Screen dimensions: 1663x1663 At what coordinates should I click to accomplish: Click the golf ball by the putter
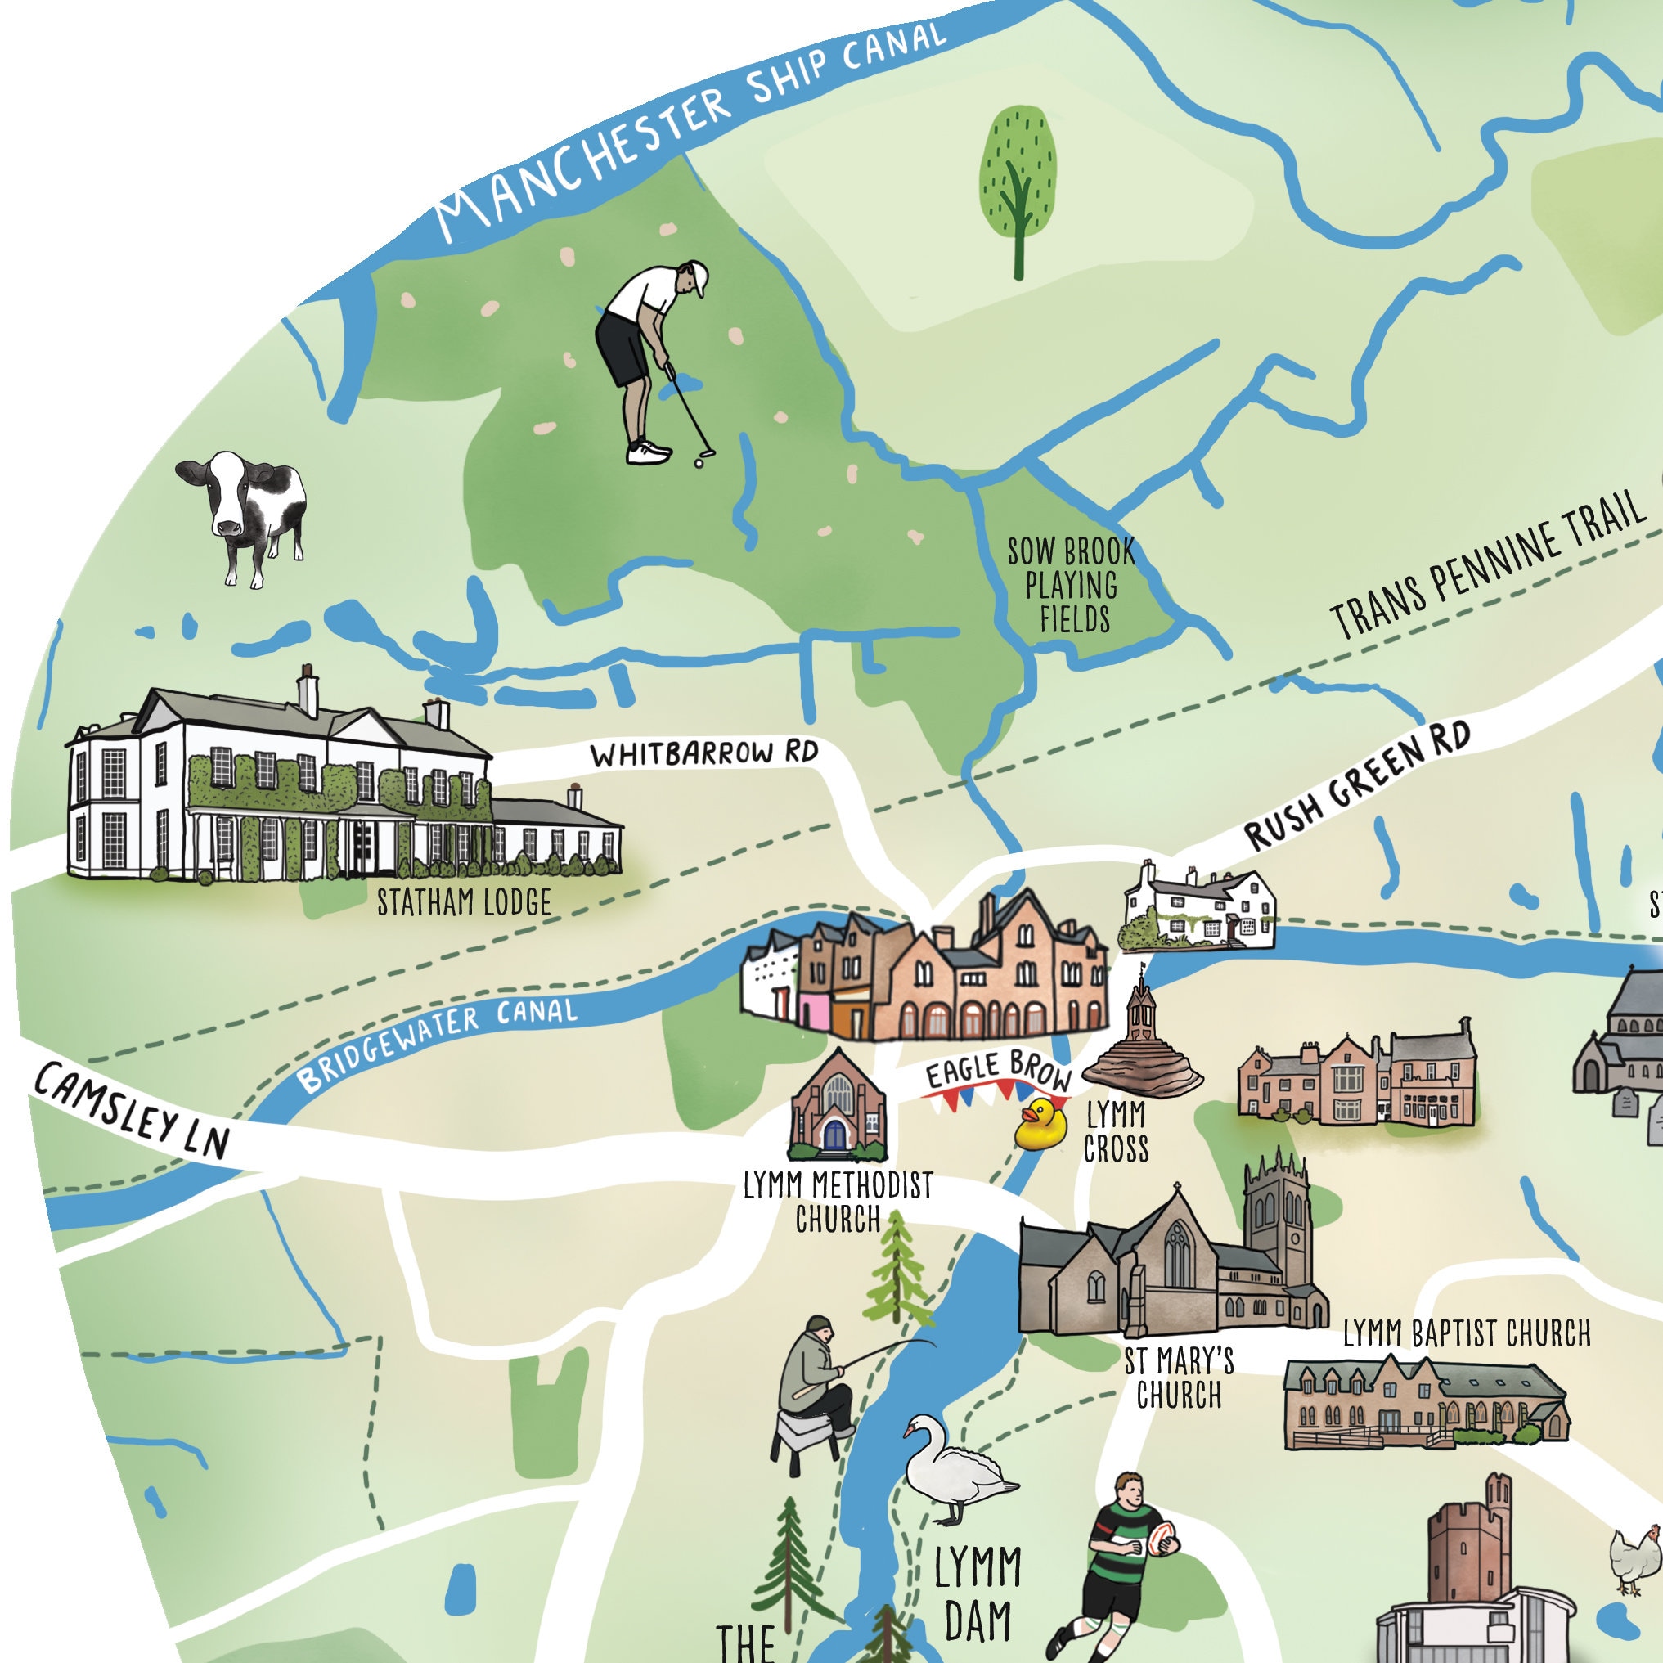[x=698, y=463]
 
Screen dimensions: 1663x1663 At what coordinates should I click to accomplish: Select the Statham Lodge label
[x=464, y=902]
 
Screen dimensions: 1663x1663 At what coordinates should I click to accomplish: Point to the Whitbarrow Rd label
[x=703, y=754]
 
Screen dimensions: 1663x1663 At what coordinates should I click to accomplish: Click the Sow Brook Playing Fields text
[x=1072, y=586]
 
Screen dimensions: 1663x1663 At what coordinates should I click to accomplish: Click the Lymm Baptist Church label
[x=1467, y=1333]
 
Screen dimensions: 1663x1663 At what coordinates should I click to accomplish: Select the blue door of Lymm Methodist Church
[x=834, y=1135]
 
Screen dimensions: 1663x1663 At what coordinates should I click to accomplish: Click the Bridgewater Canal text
[x=439, y=1041]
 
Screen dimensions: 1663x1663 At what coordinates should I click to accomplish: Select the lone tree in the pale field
[x=1018, y=185]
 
